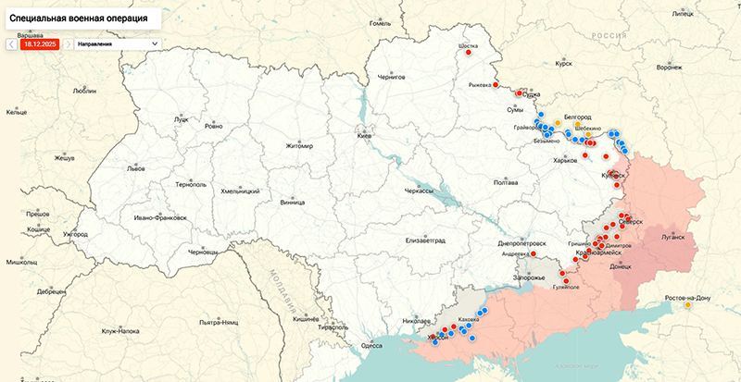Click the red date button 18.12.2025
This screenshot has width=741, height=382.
point(40,43)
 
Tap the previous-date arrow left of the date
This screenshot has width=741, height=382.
point(10,43)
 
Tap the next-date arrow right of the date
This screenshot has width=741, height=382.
point(69,43)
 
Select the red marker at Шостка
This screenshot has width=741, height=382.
point(468,53)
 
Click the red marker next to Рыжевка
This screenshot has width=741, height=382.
point(496,84)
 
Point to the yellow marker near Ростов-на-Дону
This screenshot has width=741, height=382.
point(687,305)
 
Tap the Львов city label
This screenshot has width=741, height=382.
point(136,169)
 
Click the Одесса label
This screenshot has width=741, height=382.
point(371,345)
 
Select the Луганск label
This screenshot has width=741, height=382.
point(672,237)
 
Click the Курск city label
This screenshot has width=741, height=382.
point(562,65)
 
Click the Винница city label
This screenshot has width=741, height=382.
point(292,201)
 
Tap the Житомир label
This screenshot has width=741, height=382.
point(299,146)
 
